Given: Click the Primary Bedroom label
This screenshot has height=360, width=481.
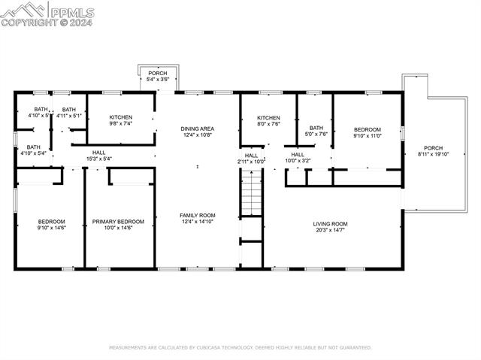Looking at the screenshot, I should tap(118, 222).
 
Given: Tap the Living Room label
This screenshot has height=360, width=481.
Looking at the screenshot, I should tap(330, 223).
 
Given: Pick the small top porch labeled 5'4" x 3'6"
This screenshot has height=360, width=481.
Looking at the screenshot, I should tap(158, 75).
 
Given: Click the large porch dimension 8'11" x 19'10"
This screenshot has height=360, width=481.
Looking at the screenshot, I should tap(433, 154).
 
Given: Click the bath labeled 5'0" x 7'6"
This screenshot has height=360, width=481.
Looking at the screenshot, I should tap(316, 131).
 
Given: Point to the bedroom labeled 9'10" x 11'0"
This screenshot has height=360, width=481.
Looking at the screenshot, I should tap(368, 132).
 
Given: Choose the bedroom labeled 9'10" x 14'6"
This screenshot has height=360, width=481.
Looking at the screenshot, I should tap(52, 224).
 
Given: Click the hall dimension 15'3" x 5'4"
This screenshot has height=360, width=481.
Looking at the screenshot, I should tap(99, 159).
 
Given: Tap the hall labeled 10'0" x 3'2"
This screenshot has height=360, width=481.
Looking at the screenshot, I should tap(298, 157).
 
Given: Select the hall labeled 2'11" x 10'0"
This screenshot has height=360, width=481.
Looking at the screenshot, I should tap(251, 158).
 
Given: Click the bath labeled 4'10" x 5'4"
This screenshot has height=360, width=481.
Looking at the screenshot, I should tap(34, 150).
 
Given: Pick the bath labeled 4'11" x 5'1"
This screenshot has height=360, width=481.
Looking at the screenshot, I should tap(68, 112).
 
